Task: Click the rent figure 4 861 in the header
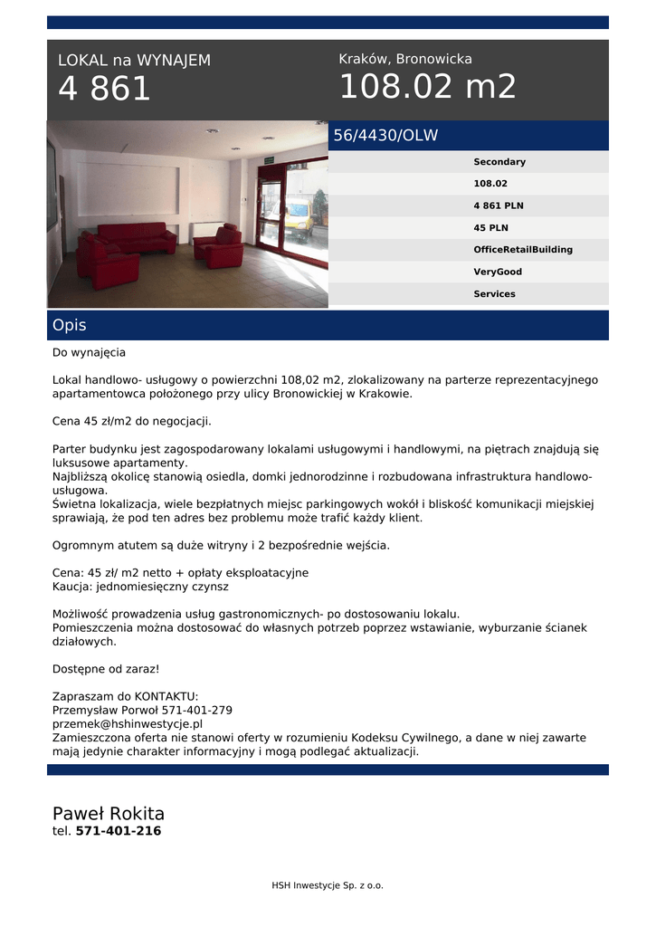tap(104, 89)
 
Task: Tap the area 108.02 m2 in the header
tap(427, 87)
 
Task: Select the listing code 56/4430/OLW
tap(385, 136)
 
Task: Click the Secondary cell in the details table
tap(499, 162)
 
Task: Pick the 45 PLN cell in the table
tap(490, 228)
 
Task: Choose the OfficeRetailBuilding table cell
tap(523, 250)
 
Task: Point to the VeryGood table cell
tap(498, 272)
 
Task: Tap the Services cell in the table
tap(494, 294)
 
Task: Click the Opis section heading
tap(70, 326)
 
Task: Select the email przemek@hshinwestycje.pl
tap(128, 724)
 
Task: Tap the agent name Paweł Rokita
tap(109, 813)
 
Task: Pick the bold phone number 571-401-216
tap(119, 831)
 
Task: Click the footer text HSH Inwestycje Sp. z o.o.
tap(328, 885)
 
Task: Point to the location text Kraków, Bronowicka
tap(405, 59)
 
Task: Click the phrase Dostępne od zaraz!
tap(106, 669)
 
